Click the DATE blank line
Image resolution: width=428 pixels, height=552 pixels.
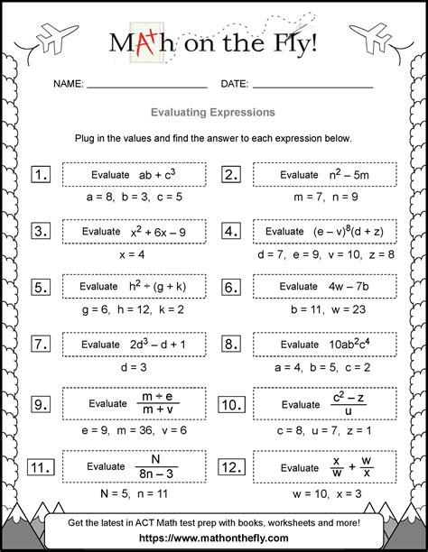(x=312, y=87)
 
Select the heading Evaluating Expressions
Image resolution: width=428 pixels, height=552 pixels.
(x=214, y=114)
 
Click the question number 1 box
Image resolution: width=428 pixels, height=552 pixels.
(x=41, y=175)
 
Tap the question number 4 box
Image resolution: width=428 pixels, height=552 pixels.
(x=231, y=232)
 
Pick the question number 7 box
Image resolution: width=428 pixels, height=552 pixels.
(x=41, y=344)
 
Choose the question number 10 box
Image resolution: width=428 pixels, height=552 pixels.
(x=231, y=403)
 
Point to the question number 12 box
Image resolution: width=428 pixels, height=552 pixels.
(x=231, y=467)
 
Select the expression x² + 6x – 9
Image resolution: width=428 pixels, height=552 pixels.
(x=159, y=232)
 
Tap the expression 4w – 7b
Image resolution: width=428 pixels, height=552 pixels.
(x=350, y=288)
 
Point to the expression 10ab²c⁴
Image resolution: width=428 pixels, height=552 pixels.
(x=350, y=344)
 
